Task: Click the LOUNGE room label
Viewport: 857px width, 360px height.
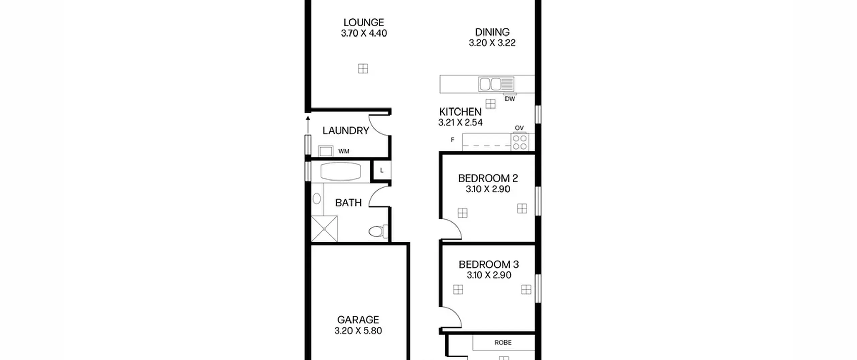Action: point(364,23)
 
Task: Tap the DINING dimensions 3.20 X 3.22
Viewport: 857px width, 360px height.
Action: point(492,43)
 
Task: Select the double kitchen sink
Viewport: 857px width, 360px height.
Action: point(496,84)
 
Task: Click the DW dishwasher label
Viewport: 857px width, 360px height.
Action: point(510,99)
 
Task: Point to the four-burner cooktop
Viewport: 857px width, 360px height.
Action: point(520,142)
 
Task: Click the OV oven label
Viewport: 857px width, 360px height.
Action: point(519,128)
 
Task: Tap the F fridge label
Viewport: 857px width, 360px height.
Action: point(453,140)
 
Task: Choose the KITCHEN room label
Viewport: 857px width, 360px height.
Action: point(460,112)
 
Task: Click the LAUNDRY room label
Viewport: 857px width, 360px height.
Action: point(346,131)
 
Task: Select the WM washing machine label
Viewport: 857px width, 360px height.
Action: point(344,151)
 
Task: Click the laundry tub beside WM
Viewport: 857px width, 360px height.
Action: point(325,151)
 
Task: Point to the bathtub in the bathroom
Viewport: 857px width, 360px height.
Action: point(341,172)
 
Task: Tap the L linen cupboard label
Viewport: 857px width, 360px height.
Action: point(382,171)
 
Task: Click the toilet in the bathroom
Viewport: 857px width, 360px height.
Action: point(378,231)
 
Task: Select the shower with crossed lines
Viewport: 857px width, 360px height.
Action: point(324,229)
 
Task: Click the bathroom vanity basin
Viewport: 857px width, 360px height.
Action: point(316,199)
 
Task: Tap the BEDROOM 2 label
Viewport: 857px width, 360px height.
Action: point(488,178)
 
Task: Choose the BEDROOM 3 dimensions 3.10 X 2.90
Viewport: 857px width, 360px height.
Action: point(489,275)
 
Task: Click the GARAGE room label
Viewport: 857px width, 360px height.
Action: point(358,320)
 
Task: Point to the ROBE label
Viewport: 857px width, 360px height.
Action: point(503,343)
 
